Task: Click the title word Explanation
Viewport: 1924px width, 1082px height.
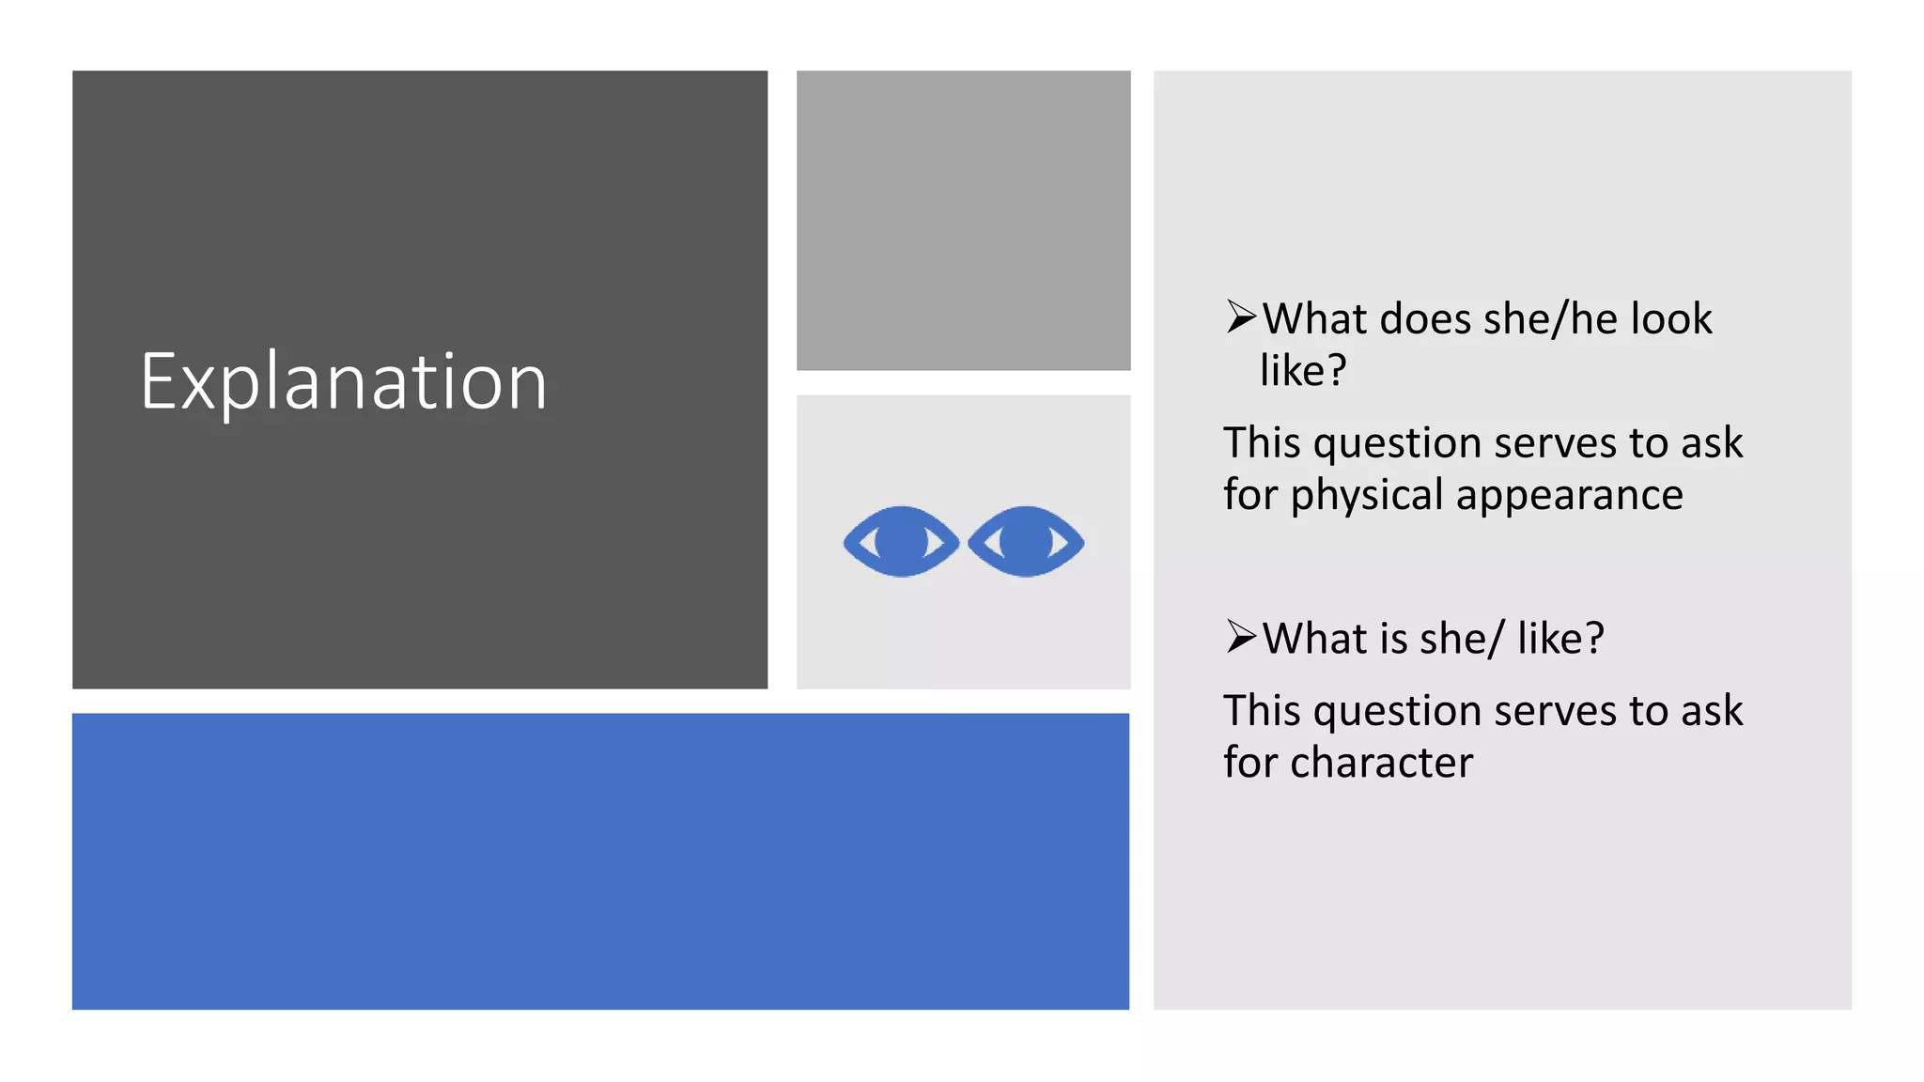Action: pos(344,381)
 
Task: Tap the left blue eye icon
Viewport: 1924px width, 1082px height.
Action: pos(901,541)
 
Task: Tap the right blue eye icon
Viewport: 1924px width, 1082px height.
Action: pos(1026,541)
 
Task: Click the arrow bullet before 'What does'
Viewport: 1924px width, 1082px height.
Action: pos(1241,317)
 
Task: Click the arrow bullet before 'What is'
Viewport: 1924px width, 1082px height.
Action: pos(1241,637)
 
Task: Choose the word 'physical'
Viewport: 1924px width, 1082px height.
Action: pos(1366,495)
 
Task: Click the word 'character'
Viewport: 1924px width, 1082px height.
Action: pos(1381,763)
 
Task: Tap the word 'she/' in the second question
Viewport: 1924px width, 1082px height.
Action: pos(1461,639)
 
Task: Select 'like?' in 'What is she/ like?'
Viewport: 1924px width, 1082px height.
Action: pos(1560,639)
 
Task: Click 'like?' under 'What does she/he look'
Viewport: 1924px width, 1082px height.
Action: pos(1303,371)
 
